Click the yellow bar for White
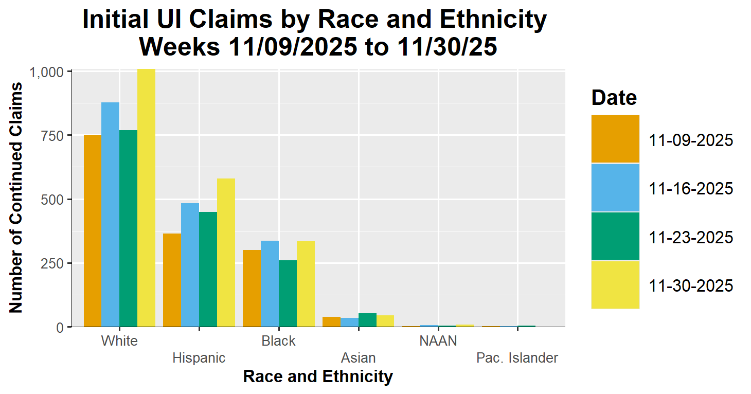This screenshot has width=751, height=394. pos(146,198)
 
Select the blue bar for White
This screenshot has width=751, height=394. pos(110,214)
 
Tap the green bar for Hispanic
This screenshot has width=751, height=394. pos(208,269)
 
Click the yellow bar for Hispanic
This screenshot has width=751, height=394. pos(226,253)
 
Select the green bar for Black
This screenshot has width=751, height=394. pos(288,293)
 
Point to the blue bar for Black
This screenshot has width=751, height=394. pos(270,283)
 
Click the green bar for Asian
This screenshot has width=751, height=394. pos(367,320)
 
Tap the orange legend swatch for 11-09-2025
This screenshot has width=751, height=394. pos(615,139)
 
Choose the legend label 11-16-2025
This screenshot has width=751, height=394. pos(691,188)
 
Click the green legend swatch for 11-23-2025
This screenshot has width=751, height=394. pos(615,236)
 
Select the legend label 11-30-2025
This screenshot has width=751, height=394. pos(691,285)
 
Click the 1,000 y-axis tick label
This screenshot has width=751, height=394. pos(47,72)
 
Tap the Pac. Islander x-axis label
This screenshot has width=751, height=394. pos(517,358)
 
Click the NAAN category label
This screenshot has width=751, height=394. pos(438,341)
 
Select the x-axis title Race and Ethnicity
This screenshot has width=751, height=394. pos(318,377)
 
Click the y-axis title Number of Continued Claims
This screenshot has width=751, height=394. pos(16,198)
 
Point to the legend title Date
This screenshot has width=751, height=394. pos(614,97)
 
